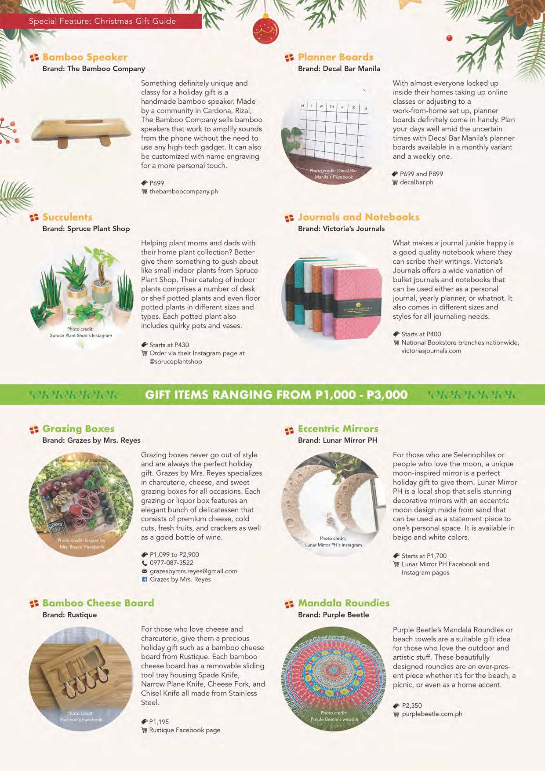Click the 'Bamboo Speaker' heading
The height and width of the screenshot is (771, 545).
pyautogui.click(x=85, y=57)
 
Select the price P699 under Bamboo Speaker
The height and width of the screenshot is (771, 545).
pyautogui.click(x=157, y=183)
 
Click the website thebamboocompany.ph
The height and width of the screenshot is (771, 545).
pyautogui.click(x=184, y=191)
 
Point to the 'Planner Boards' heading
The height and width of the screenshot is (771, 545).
pyautogui.click(x=335, y=57)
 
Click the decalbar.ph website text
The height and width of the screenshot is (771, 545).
pyautogui.click(x=416, y=182)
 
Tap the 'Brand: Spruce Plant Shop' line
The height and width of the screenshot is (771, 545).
pyautogui.click(x=86, y=229)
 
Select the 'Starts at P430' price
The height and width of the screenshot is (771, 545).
pyautogui.click(x=169, y=345)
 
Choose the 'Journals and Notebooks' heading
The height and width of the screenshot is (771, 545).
pyautogui.click(x=359, y=217)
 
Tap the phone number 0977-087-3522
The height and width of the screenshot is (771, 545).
pyautogui.click(x=171, y=563)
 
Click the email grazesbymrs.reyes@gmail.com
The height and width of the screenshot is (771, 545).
pyautogui.click(x=193, y=571)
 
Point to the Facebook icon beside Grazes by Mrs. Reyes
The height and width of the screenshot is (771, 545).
pyautogui.click(x=144, y=579)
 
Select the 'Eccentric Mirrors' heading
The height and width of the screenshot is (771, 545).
pyautogui.click(x=338, y=429)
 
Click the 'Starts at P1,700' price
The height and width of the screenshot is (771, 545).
pyautogui.click(x=424, y=556)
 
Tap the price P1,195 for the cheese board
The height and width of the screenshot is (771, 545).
pyautogui.click(x=159, y=722)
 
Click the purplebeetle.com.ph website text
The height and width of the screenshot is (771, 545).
pyautogui.click(x=432, y=714)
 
